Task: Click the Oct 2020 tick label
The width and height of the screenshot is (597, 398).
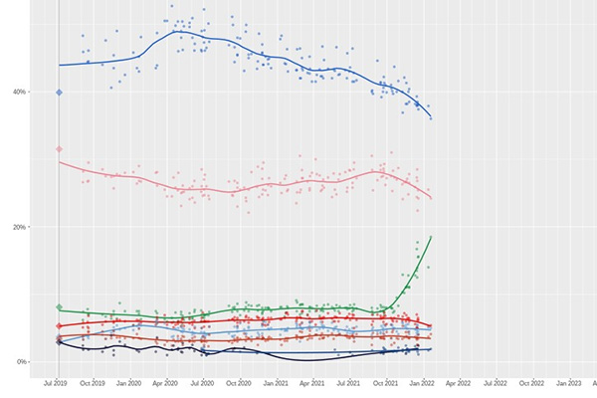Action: tap(240, 381)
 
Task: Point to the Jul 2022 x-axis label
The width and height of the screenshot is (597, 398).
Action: tap(496, 381)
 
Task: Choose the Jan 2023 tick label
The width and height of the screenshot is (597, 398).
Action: tap(568, 381)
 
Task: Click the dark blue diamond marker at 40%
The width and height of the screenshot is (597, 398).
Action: tap(59, 93)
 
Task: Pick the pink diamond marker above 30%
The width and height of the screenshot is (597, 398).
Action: tap(59, 149)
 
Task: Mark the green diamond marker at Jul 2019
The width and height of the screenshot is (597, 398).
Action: tap(59, 307)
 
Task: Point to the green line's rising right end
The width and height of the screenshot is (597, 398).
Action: tap(430, 237)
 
